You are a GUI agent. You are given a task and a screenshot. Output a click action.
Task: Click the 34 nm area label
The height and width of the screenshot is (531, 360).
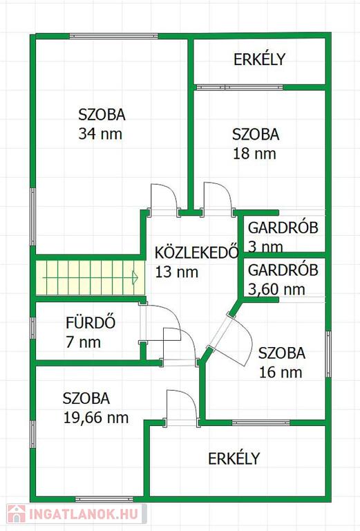click(x=100, y=133)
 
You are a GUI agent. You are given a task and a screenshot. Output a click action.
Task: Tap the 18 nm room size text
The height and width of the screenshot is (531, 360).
click(x=254, y=153)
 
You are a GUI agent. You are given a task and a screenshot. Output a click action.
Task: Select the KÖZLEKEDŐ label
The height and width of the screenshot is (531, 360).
click(x=197, y=252)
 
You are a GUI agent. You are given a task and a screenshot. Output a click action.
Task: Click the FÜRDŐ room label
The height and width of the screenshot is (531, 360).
click(x=91, y=322)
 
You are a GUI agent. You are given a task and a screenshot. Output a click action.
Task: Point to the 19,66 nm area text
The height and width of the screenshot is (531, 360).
click(x=96, y=418)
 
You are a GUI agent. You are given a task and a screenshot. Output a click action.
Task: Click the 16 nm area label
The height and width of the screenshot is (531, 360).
click(x=281, y=372)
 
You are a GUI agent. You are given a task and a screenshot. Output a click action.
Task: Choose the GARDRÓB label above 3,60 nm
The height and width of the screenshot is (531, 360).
click(x=283, y=270)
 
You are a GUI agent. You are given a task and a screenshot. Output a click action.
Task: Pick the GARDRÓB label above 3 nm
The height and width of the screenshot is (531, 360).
click(x=283, y=227)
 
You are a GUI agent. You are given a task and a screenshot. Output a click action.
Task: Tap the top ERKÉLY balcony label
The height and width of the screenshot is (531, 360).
click(x=260, y=59)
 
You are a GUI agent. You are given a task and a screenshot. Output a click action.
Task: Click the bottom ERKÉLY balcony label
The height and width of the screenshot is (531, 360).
click(x=234, y=458)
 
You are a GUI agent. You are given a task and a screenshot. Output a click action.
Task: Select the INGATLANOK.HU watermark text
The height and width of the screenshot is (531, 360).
click(x=83, y=514)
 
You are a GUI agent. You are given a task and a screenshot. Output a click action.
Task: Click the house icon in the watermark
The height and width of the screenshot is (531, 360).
click(x=17, y=514)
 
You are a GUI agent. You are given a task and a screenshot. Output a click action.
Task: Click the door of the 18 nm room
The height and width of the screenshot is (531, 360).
click(x=217, y=199)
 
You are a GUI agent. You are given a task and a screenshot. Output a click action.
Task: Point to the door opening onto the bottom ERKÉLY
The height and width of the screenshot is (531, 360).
click(x=182, y=408)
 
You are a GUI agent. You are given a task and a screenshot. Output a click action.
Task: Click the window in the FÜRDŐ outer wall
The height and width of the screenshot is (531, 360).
click(x=32, y=328)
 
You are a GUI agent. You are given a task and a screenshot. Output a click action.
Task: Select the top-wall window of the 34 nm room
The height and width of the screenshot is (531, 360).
click(x=114, y=36)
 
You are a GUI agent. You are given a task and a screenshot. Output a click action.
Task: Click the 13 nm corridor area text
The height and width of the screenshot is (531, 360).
click(x=177, y=272)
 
